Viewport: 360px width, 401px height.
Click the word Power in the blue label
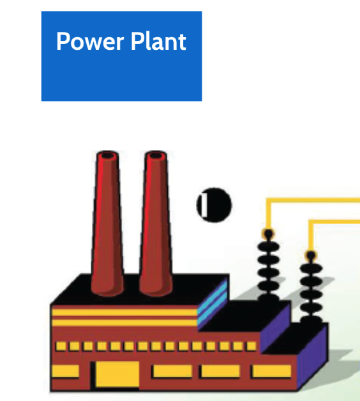[x=90, y=41]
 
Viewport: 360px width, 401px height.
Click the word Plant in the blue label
[x=158, y=41]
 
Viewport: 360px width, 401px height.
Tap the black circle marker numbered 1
[x=214, y=205]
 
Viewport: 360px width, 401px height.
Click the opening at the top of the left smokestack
[x=107, y=155]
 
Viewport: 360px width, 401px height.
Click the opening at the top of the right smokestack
[x=156, y=155]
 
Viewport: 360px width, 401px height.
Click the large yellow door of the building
[x=117, y=374]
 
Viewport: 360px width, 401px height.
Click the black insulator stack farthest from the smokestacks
[x=311, y=288]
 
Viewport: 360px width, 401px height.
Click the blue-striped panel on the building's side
[x=212, y=304]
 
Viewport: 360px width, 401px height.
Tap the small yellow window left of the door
[x=66, y=372]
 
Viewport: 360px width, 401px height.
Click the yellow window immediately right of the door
[x=172, y=371]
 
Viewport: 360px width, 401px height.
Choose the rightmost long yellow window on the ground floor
[x=271, y=371]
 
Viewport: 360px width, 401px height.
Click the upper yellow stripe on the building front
[x=124, y=312]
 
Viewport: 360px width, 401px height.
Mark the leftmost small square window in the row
[x=61, y=346]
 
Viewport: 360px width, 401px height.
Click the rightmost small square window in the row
[x=251, y=346]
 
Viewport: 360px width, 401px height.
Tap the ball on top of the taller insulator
[x=268, y=234]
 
